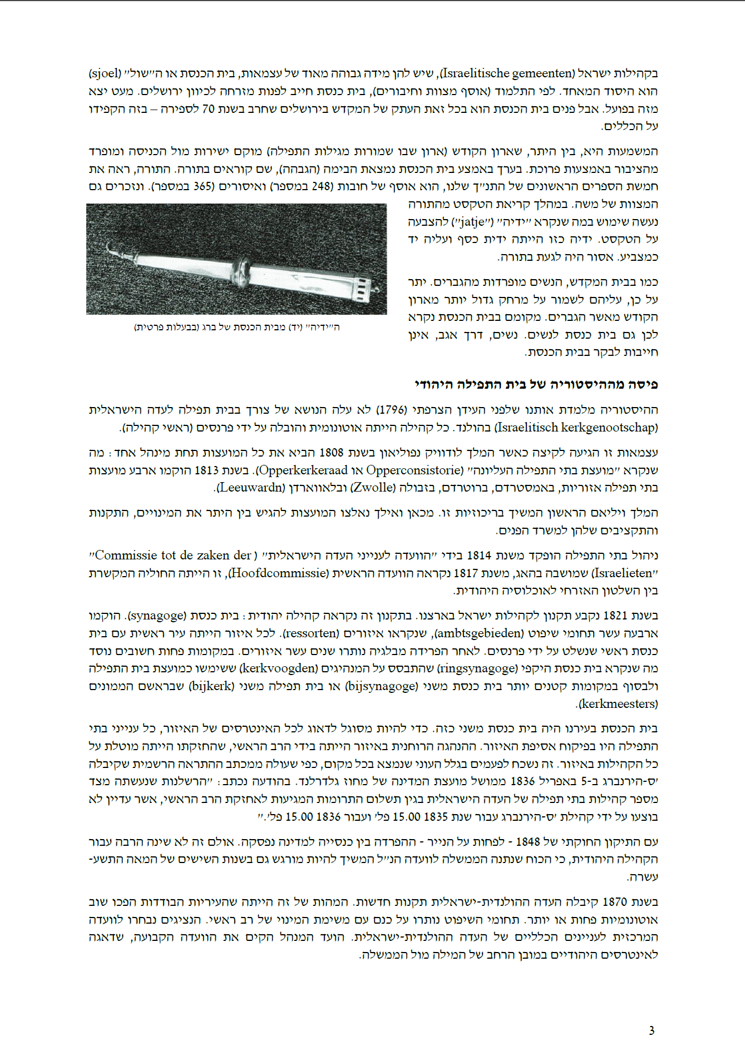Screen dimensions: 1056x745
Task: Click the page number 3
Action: pyautogui.click(x=652, y=1030)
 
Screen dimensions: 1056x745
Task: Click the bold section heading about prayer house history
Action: pyautogui.click(x=536, y=384)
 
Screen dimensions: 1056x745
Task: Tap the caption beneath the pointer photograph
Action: pyautogui.click(x=236, y=327)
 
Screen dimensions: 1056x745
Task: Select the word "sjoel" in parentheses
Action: pyautogui.click(x=105, y=73)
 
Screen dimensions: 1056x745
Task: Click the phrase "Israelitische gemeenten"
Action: pyautogui.click(x=509, y=73)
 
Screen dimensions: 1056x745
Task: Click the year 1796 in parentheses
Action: pyautogui.click(x=392, y=410)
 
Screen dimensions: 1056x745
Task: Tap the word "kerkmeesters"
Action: pyautogui.click(x=618, y=704)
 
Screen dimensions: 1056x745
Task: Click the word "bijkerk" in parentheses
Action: pyautogui.click(x=211, y=686)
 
